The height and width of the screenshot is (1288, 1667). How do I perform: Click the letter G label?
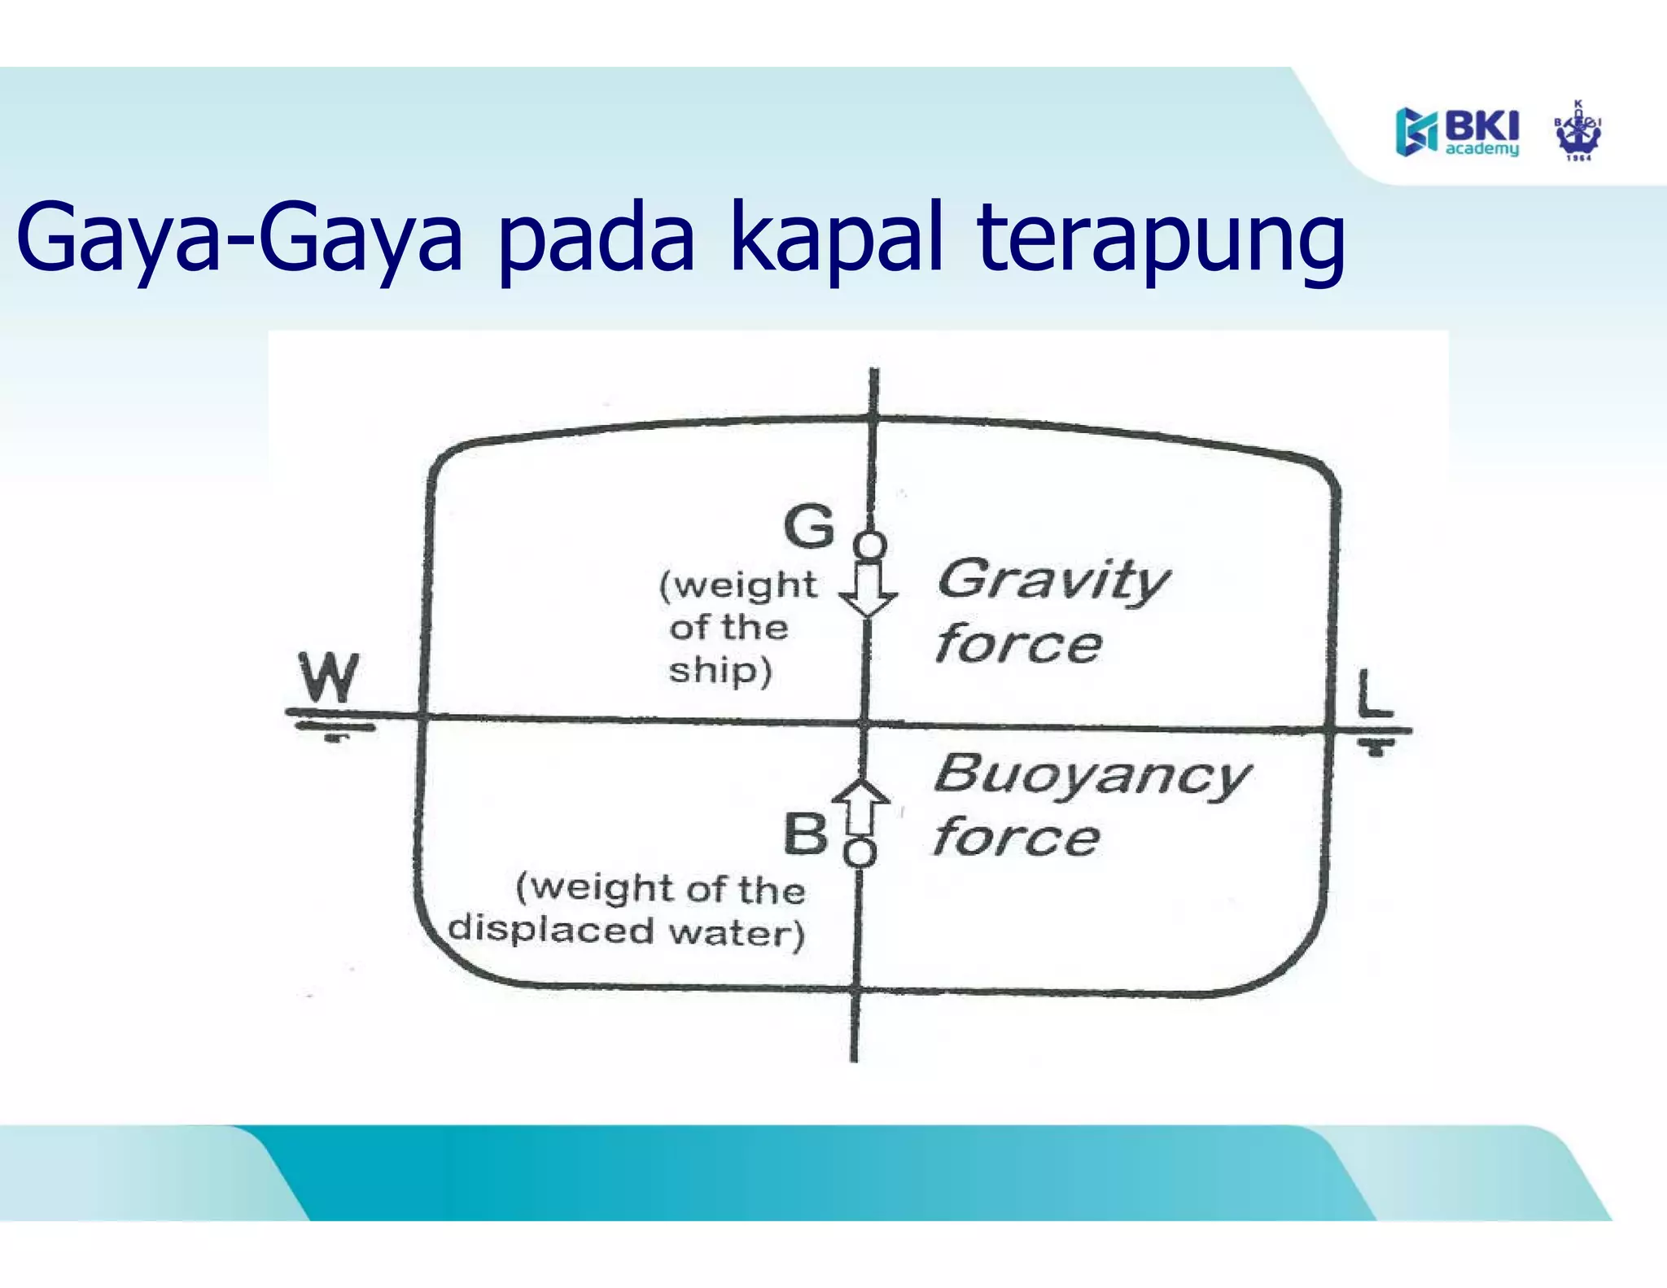click(809, 527)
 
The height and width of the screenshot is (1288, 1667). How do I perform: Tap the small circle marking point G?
click(870, 545)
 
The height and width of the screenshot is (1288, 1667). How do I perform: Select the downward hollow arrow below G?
click(869, 590)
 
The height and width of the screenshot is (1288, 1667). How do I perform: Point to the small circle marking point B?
click(860, 853)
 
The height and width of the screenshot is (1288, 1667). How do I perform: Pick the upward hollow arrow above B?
click(860, 805)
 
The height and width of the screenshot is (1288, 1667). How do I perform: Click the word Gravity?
click(1053, 580)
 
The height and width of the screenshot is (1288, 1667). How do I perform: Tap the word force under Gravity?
click(1018, 645)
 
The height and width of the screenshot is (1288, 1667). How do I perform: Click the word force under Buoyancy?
click(1016, 838)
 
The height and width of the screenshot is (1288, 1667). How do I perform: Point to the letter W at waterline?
click(328, 677)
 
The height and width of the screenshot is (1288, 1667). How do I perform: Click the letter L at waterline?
click(1375, 693)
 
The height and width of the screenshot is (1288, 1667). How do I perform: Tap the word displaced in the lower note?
click(551, 929)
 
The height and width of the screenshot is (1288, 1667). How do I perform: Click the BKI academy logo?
click(1457, 131)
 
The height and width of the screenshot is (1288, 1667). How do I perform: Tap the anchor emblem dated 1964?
click(1577, 132)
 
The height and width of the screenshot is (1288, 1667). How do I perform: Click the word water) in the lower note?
click(737, 932)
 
